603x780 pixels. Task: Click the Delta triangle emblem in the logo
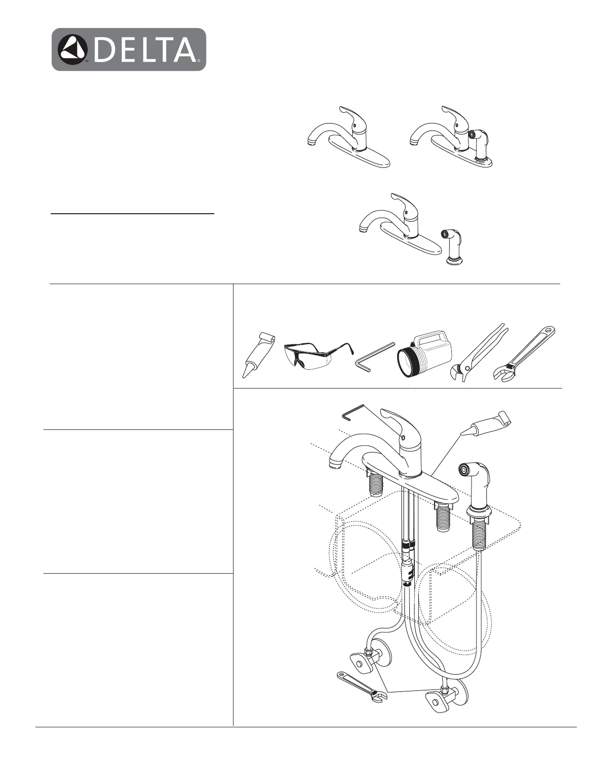[x=72, y=50]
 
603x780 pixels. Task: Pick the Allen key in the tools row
[x=374, y=356]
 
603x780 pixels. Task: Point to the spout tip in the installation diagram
[x=335, y=464]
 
